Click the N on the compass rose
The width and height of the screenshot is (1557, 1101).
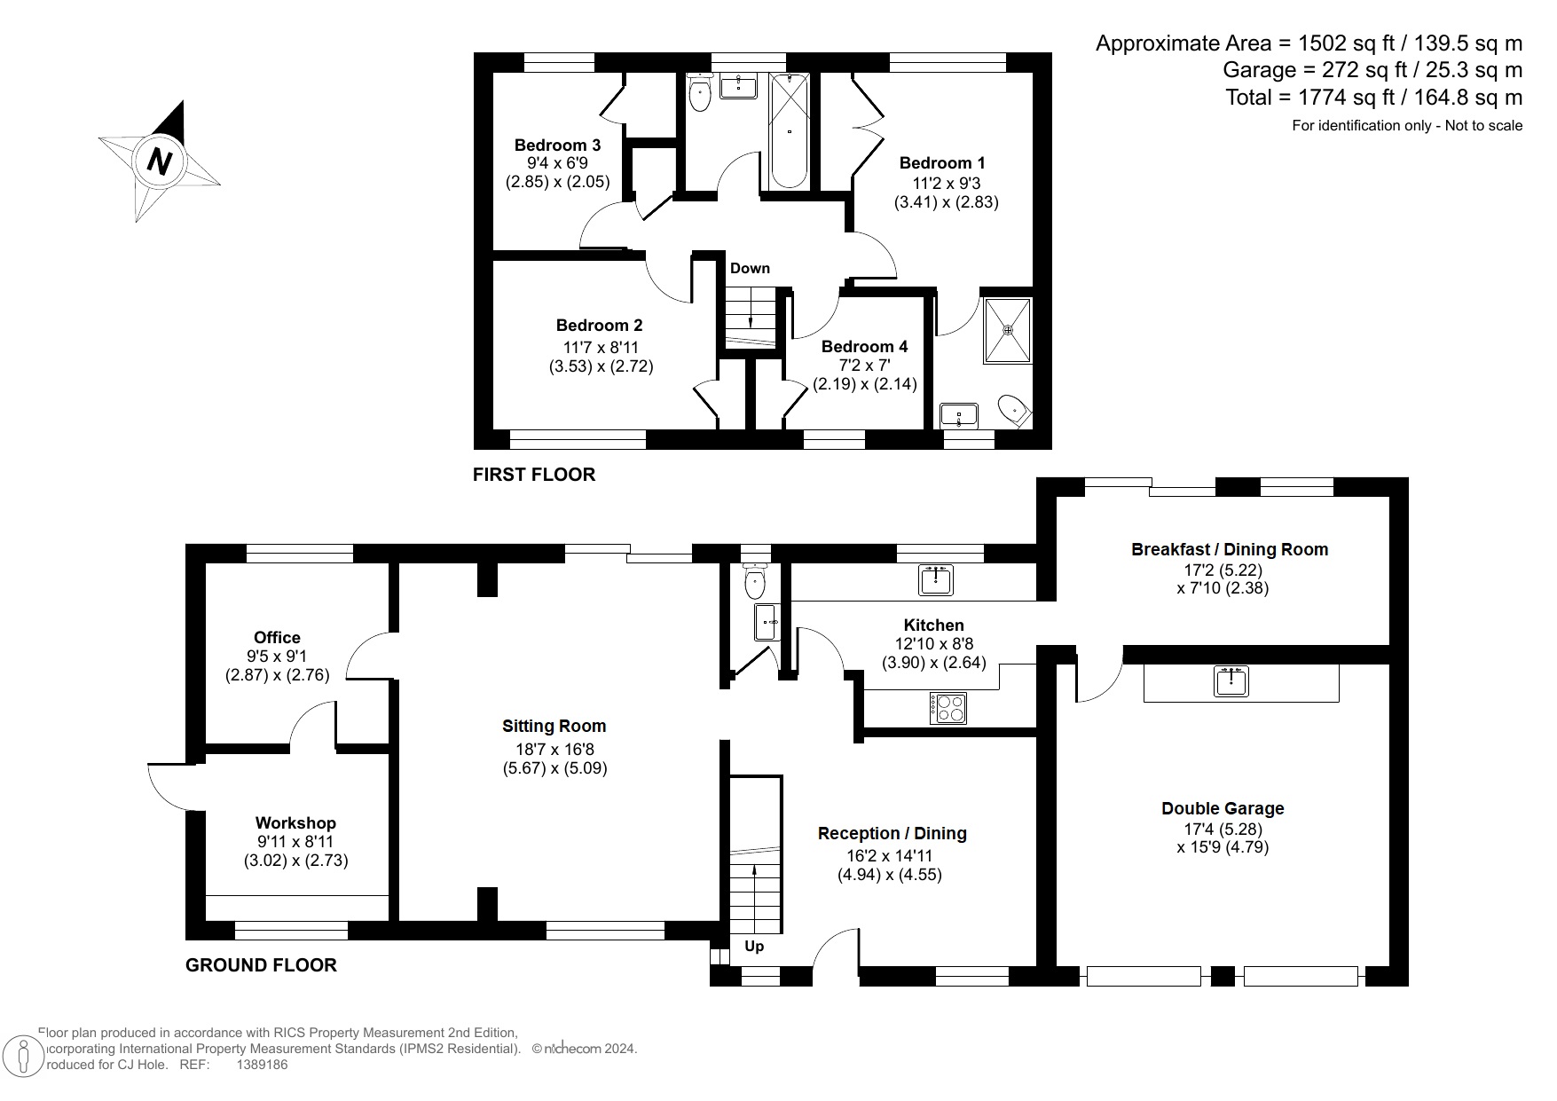159,161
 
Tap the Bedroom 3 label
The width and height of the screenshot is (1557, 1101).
557,145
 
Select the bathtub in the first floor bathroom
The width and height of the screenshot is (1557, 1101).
789,131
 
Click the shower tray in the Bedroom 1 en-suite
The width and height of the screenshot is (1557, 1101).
1008,330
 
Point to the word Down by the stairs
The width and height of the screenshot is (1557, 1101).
750,268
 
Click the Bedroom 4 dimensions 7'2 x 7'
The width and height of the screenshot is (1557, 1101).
864,366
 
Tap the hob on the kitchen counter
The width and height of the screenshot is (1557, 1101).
948,707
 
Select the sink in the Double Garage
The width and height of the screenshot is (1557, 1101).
1231,680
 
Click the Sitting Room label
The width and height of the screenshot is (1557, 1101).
554,726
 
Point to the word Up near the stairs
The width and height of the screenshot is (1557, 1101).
754,946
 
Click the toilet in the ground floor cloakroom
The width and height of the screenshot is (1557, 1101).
755,580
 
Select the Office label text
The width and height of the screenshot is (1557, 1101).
277,637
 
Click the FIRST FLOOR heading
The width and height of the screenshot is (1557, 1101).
533,475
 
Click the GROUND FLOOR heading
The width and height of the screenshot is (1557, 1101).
261,965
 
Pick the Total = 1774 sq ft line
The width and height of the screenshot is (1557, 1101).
1373,97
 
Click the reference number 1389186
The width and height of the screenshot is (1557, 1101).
262,1065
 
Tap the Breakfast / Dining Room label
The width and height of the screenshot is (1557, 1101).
1229,549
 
